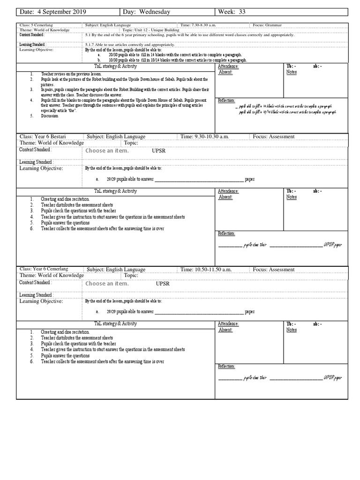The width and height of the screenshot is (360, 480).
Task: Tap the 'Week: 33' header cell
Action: tap(230, 12)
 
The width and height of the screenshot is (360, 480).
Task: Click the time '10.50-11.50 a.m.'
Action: tap(206, 270)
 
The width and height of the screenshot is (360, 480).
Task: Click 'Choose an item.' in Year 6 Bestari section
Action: tap(107, 151)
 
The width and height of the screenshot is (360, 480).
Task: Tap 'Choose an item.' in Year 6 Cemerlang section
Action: tap(107, 284)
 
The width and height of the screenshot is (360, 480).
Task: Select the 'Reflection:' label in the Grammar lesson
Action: tap(226, 101)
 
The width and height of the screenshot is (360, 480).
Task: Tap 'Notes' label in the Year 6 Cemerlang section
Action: tap(292, 330)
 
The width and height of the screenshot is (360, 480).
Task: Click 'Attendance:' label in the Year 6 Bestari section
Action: tap(229, 191)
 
